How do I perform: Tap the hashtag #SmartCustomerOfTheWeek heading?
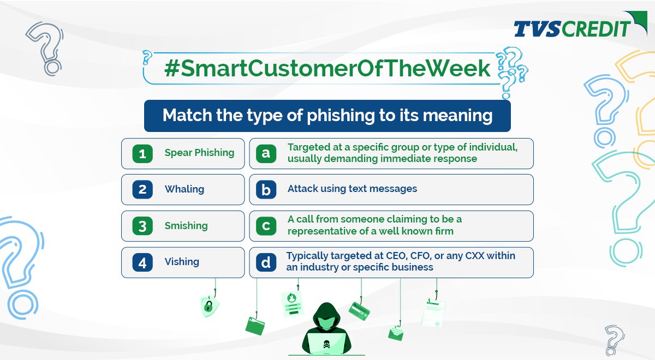coord(319,69)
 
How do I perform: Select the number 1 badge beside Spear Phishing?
coord(142,153)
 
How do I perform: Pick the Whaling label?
coord(184,189)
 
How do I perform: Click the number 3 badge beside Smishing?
coord(142,226)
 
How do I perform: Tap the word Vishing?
coord(182,262)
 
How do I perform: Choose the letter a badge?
coord(266,153)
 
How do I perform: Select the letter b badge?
coord(266,190)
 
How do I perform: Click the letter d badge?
coord(266,262)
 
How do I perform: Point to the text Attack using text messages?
coord(352,189)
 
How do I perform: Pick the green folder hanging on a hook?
coord(255,326)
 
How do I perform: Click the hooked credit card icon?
coord(359,311)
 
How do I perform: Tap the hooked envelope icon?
coord(396,333)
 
